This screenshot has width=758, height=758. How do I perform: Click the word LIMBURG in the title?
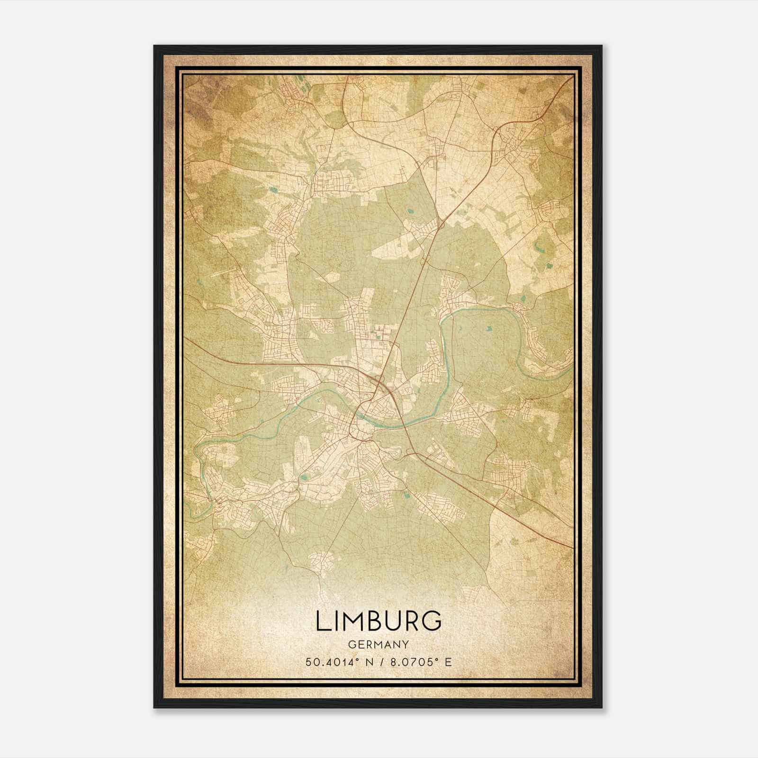coord(378,622)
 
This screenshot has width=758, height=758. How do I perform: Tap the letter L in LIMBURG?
coord(321,622)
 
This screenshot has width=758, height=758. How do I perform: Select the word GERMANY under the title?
coord(378,645)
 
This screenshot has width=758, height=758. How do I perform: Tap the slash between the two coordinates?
coord(380,662)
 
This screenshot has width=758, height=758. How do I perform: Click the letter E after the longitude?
coord(448,662)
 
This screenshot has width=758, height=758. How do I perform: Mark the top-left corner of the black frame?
coord(154,46)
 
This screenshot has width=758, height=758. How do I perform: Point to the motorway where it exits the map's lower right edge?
coord(572,547)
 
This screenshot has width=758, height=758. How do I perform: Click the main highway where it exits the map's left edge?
coord(186,338)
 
